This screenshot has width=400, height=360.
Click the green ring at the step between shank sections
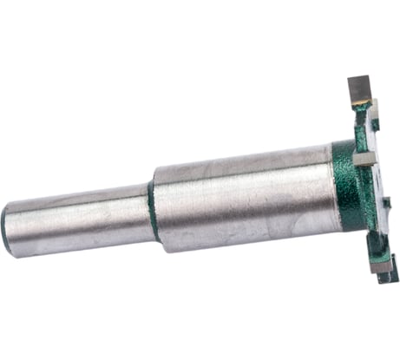point(153,210)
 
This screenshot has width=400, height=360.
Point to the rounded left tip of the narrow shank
point(6,227)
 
